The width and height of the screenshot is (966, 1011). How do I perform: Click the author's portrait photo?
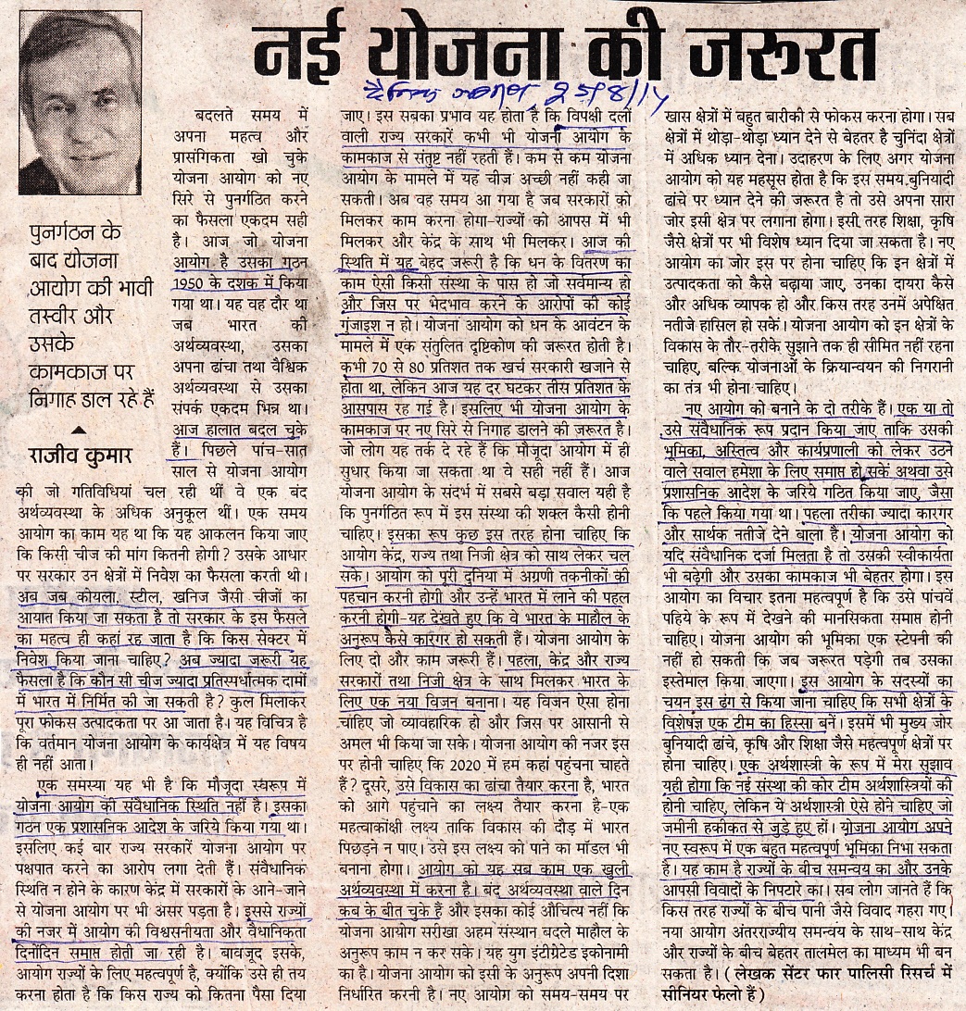(x=81, y=102)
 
